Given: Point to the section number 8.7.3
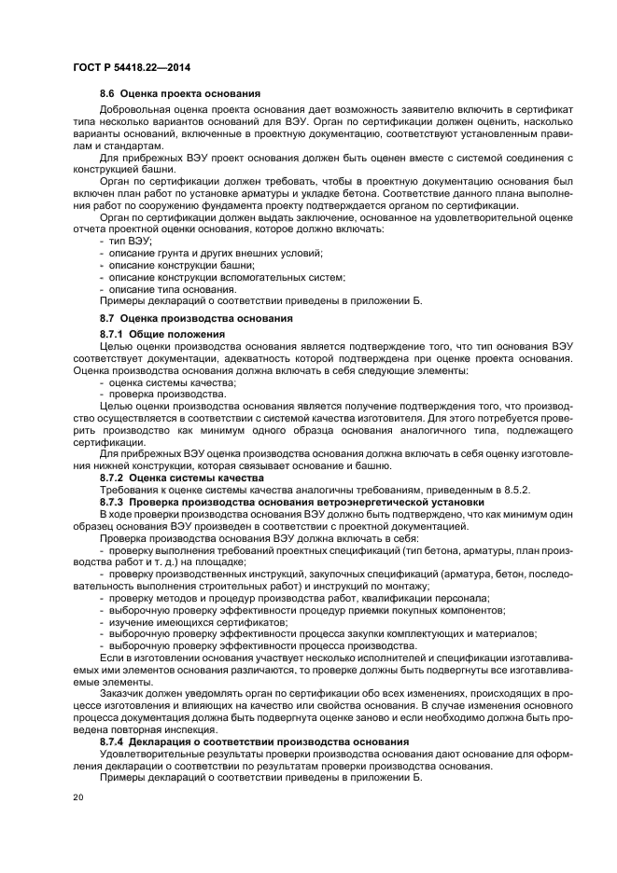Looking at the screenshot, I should [x=113, y=501].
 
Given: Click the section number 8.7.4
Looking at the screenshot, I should [x=113, y=741].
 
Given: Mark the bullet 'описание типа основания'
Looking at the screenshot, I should [x=172, y=289].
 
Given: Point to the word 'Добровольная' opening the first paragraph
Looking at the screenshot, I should [x=134, y=110].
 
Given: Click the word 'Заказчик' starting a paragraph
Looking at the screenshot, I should [x=123, y=693].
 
